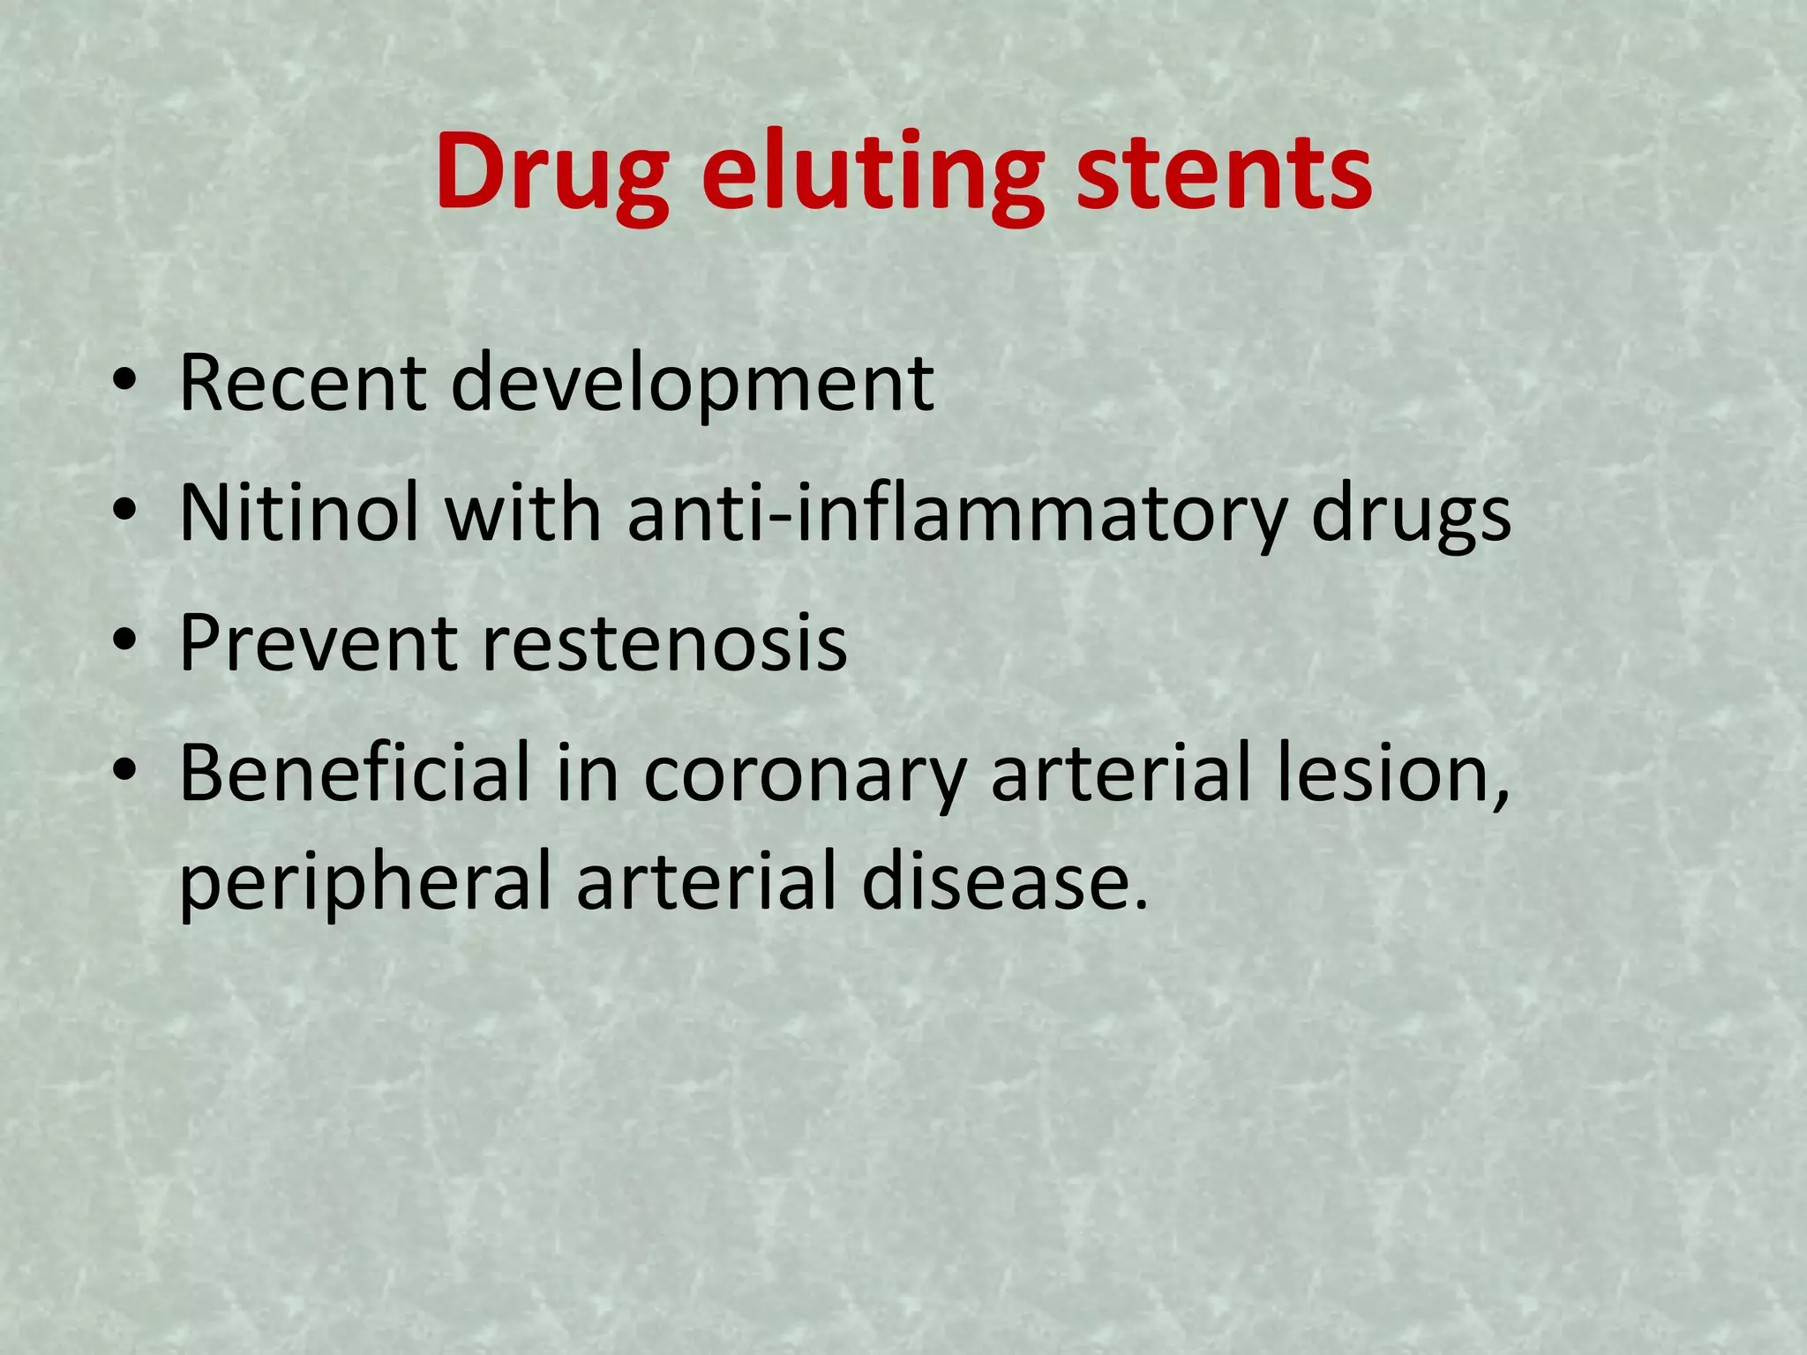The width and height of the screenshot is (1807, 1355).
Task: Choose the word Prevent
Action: (x=317, y=643)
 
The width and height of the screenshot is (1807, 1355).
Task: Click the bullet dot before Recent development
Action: (x=124, y=383)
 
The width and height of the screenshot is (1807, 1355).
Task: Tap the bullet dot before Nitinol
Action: (x=124, y=512)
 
